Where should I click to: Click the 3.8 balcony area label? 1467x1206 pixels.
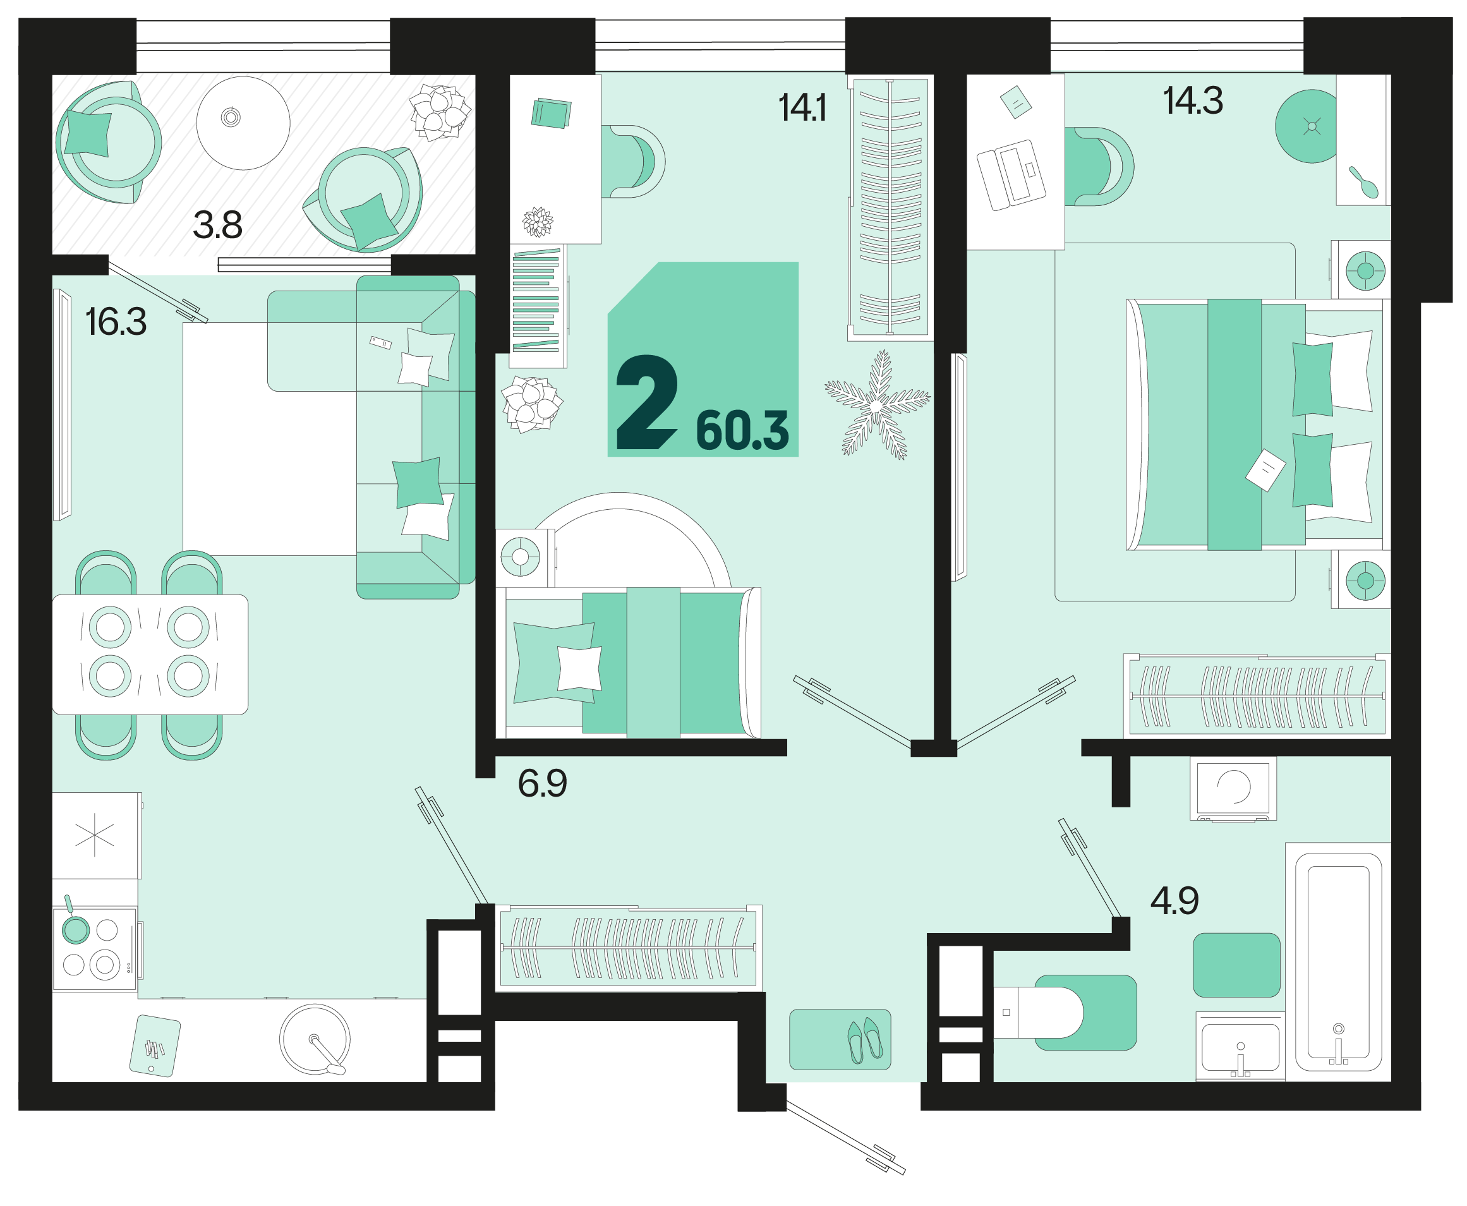click(217, 225)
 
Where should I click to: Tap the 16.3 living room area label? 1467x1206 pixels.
click(116, 322)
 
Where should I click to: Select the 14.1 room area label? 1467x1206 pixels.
click(802, 109)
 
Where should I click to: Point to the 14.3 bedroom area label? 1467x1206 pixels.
click(1193, 100)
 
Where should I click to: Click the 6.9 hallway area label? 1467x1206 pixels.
click(543, 783)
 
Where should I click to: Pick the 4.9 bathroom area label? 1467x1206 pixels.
click(1174, 901)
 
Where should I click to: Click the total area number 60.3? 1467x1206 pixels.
click(742, 431)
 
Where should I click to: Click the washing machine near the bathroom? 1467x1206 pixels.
click(1233, 788)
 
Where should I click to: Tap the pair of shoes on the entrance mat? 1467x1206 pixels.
click(865, 1040)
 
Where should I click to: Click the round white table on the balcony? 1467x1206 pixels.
click(243, 123)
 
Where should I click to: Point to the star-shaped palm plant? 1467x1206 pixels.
click(876, 405)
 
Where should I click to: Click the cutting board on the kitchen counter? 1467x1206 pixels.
click(155, 1046)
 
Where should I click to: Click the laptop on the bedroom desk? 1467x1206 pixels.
click(1011, 175)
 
